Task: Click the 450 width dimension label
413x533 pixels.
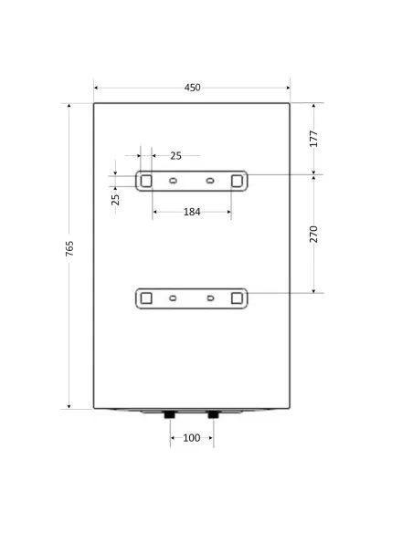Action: click(192, 88)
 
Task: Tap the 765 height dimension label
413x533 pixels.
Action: click(69, 248)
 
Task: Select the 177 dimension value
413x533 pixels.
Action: click(313, 139)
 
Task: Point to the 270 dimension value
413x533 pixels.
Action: click(313, 235)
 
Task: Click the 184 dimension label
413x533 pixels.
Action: click(192, 212)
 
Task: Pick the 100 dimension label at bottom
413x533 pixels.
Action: click(192, 438)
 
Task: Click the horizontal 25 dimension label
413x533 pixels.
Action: click(175, 156)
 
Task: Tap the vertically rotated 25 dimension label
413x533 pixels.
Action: click(116, 200)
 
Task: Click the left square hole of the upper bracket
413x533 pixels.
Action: click(146, 181)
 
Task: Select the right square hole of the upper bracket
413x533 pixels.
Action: click(237, 181)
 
